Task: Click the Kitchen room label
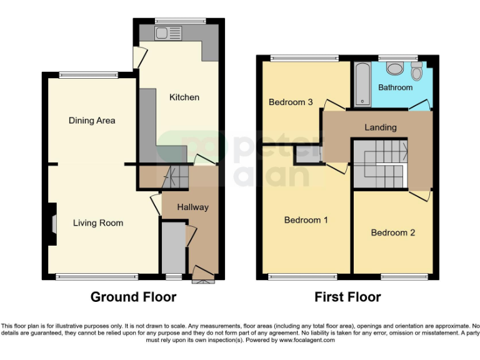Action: (x=184, y=97)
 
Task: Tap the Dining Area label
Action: (x=92, y=120)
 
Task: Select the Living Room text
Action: (x=97, y=222)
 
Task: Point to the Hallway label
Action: (x=192, y=207)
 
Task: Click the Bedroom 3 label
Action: (x=291, y=102)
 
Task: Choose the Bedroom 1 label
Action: (x=306, y=220)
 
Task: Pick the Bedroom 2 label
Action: (x=392, y=232)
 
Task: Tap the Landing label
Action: (x=381, y=127)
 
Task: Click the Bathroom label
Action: (x=395, y=87)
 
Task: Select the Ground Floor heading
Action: (x=133, y=297)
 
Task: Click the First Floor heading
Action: (x=347, y=297)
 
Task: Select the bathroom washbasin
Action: (x=394, y=67)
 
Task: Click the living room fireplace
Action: (x=52, y=223)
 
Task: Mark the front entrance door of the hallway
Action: (x=202, y=274)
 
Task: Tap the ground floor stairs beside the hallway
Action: (x=174, y=177)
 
